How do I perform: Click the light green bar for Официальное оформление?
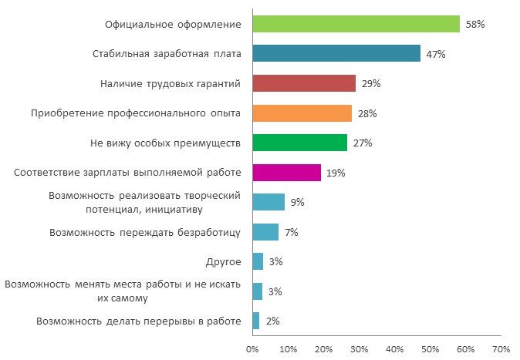(x=356, y=24)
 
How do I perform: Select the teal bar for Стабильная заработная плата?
(x=336, y=54)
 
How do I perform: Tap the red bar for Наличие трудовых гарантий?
(x=304, y=83)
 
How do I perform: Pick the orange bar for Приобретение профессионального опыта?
(x=302, y=113)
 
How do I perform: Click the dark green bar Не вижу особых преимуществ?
(x=300, y=143)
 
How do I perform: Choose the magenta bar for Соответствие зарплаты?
(x=286, y=173)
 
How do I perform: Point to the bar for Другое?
(x=258, y=261)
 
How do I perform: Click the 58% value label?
(x=474, y=24)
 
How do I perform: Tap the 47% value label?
(x=436, y=54)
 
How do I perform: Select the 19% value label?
(x=335, y=173)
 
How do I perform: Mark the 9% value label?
(x=297, y=202)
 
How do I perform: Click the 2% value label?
(x=272, y=321)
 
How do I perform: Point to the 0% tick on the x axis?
(x=252, y=349)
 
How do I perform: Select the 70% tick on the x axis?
(x=501, y=349)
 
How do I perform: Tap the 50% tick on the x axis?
(x=431, y=349)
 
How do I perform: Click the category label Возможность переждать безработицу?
(x=146, y=232)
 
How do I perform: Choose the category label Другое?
(x=225, y=261)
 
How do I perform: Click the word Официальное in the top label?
(x=138, y=24)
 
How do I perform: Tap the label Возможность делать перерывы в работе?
(x=139, y=321)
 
